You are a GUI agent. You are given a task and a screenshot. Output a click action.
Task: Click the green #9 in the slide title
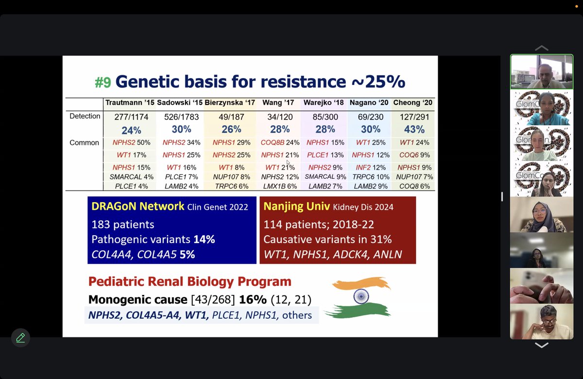(x=103, y=82)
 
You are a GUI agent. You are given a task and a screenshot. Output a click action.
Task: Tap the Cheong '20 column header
(x=412, y=103)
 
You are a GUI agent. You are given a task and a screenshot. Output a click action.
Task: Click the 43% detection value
(x=414, y=130)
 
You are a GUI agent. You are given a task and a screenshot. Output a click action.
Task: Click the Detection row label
(x=85, y=117)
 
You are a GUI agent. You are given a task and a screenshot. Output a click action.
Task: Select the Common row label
(x=84, y=143)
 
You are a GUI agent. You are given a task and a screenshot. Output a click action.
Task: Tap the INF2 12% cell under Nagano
(x=371, y=168)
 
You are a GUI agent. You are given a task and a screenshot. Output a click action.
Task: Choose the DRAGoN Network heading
(x=137, y=207)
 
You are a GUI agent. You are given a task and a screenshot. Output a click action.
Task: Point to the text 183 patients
(x=122, y=224)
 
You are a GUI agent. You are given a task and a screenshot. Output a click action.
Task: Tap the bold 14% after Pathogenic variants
(x=204, y=240)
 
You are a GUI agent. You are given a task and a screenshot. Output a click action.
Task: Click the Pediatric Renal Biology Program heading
(x=189, y=282)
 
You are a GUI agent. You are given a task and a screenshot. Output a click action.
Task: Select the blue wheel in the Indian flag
(x=361, y=296)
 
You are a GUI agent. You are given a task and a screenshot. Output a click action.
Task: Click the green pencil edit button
(x=20, y=338)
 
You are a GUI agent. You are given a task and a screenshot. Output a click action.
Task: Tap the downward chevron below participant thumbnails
(x=541, y=345)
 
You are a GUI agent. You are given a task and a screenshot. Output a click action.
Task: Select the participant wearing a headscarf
(x=541, y=216)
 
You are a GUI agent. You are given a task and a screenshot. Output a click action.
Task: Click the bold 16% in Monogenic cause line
(x=252, y=300)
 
